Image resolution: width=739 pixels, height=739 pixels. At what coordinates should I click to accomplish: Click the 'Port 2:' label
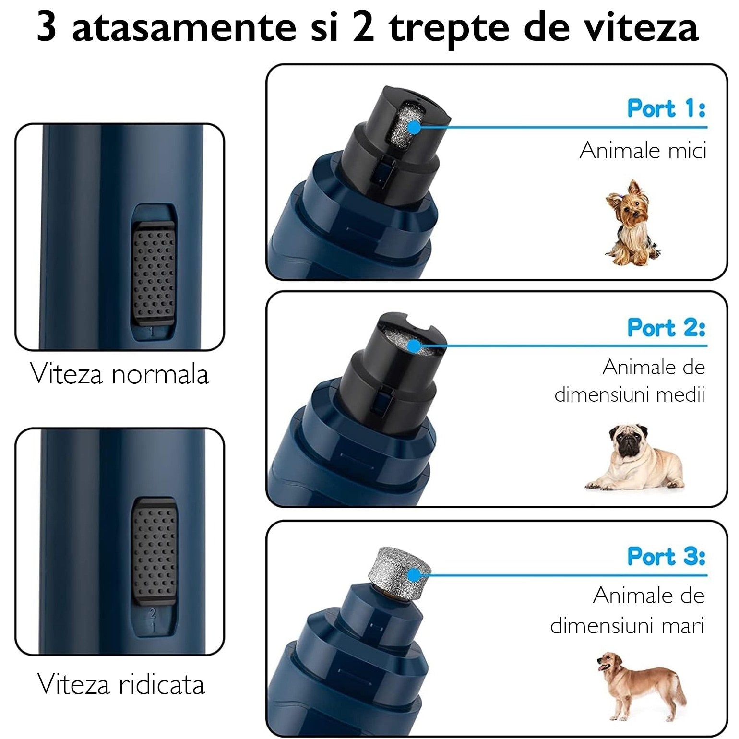(x=667, y=327)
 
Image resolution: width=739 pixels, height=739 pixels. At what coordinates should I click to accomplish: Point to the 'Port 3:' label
(x=667, y=556)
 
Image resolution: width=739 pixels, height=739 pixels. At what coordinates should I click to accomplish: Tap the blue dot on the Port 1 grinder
(x=413, y=127)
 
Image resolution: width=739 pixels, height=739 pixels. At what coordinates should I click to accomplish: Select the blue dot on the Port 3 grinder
(x=413, y=574)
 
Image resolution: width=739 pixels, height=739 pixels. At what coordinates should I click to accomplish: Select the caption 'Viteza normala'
(x=120, y=374)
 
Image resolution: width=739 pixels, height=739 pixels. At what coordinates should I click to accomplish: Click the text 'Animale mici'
(x=643, y=151)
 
